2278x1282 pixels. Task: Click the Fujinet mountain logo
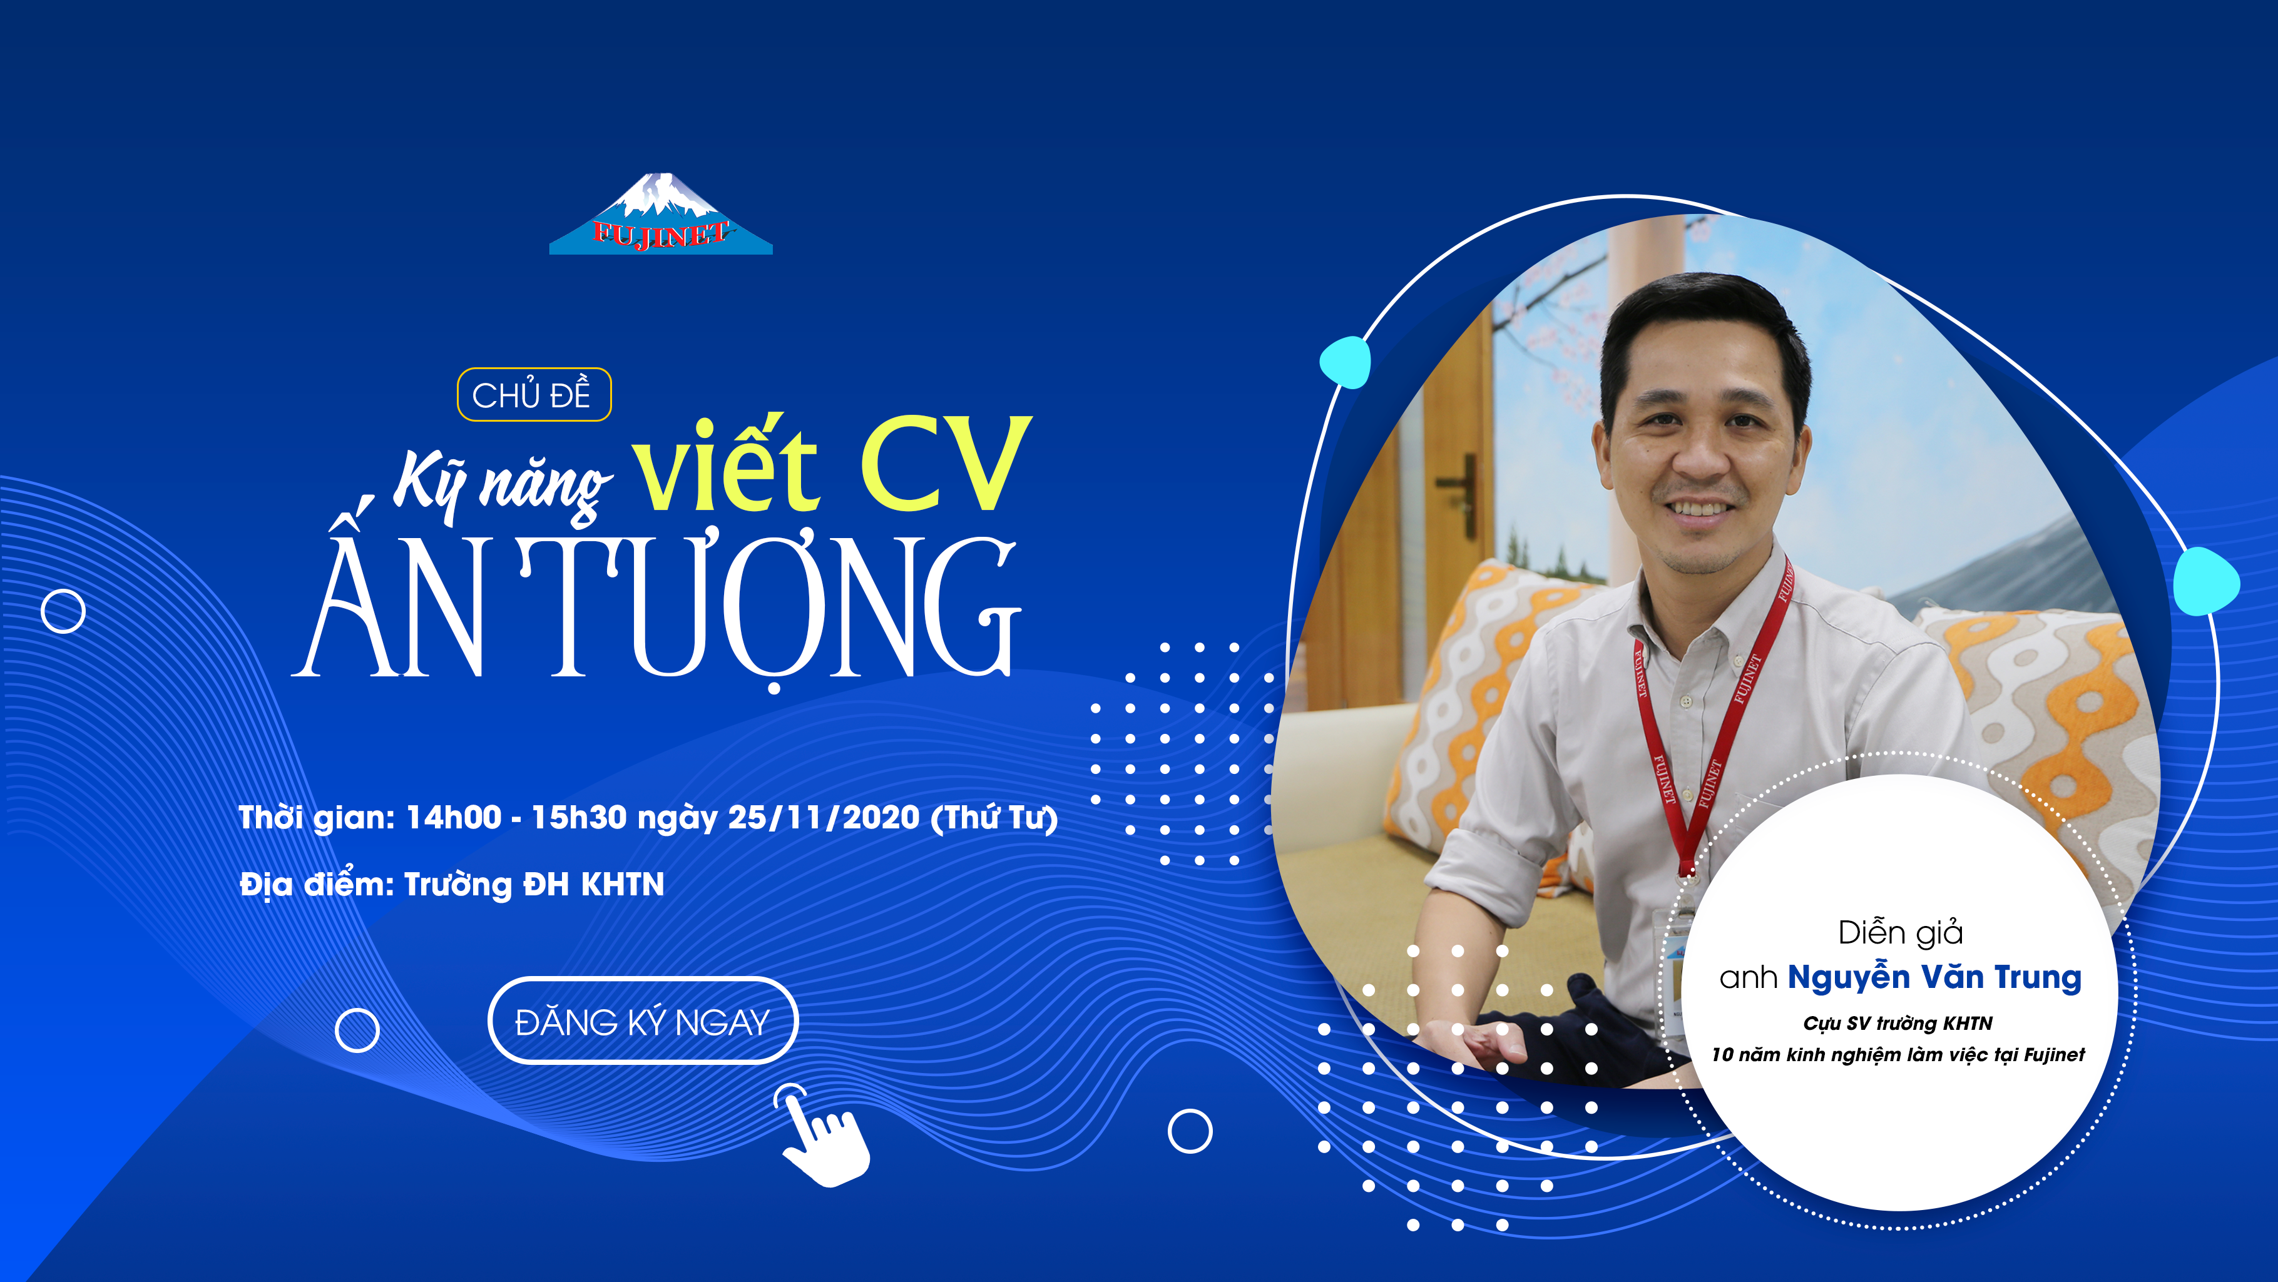(661, 215)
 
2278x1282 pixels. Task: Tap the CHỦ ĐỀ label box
(534, 394)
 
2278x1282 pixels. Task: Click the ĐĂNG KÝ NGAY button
(643, 1020)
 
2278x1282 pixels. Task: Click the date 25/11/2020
(824, 818)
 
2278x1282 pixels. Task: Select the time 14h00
(454, 818)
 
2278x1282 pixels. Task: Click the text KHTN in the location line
(623, 884)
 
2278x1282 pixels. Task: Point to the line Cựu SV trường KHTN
(1897, 1023)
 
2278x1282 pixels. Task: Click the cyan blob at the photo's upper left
(1345, 362)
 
